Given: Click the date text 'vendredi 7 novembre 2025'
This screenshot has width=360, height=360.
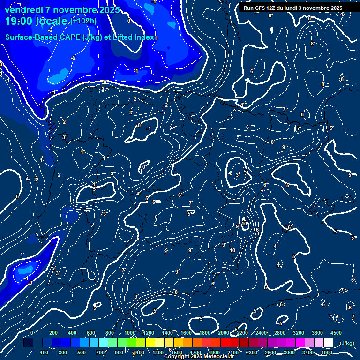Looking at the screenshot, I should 63,10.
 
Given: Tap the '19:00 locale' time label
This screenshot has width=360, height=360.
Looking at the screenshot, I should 37,22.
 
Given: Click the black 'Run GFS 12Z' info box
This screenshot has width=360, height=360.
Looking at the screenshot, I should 293,8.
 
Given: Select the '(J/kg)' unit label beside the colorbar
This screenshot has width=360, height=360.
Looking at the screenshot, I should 347,344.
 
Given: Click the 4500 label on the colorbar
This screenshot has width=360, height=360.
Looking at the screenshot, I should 336,333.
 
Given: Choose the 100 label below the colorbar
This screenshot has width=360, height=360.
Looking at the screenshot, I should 44,352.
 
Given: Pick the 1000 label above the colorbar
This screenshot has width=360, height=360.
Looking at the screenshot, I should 130,333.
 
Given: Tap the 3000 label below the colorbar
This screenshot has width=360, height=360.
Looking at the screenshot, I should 289,352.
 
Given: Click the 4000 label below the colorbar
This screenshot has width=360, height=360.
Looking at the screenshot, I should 327,352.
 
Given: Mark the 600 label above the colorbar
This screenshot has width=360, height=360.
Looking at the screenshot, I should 91,333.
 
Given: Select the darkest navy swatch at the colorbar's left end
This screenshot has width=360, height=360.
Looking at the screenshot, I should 28,343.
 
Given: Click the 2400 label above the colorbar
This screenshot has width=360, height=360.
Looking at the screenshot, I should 261,333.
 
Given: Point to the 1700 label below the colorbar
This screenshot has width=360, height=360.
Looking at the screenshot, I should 195,352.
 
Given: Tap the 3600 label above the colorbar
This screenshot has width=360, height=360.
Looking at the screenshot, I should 317,333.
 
